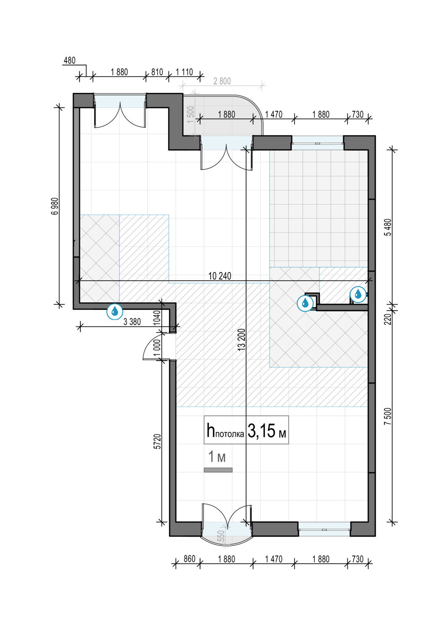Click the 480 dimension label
point(70,61)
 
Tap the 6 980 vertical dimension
point(56,206)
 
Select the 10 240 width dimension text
point(220,276)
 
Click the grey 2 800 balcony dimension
point(222,81)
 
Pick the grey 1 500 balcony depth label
point(191,114)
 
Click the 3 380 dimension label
point(132,322)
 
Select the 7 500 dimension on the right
point(387,416)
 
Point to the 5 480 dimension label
point(387,227)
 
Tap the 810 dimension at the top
point(157,72)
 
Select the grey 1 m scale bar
point(218,470)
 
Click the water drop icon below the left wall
point(115,311)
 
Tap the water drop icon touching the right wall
point(358,294)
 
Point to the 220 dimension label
point(387,319)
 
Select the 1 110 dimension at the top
point(184,72)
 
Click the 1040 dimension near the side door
point(157,317)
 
